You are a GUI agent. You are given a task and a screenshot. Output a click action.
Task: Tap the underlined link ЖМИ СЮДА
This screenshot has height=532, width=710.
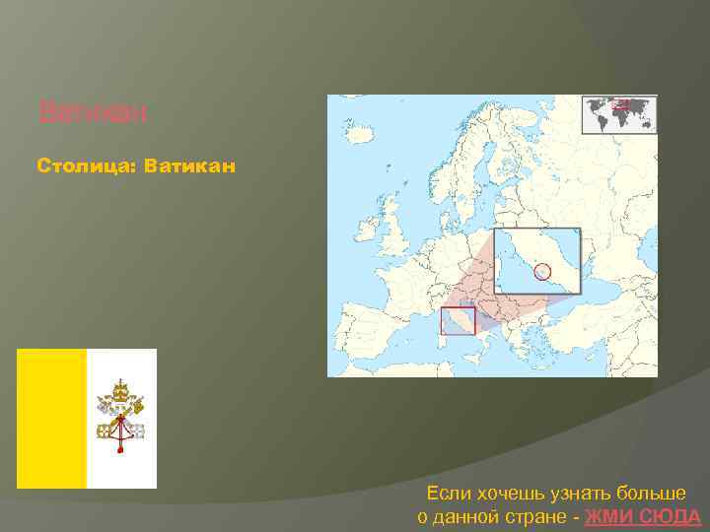643,517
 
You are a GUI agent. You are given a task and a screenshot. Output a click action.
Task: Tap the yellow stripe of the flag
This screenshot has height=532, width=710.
52,419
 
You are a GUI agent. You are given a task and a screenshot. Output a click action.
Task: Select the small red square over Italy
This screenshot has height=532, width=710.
458,320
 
